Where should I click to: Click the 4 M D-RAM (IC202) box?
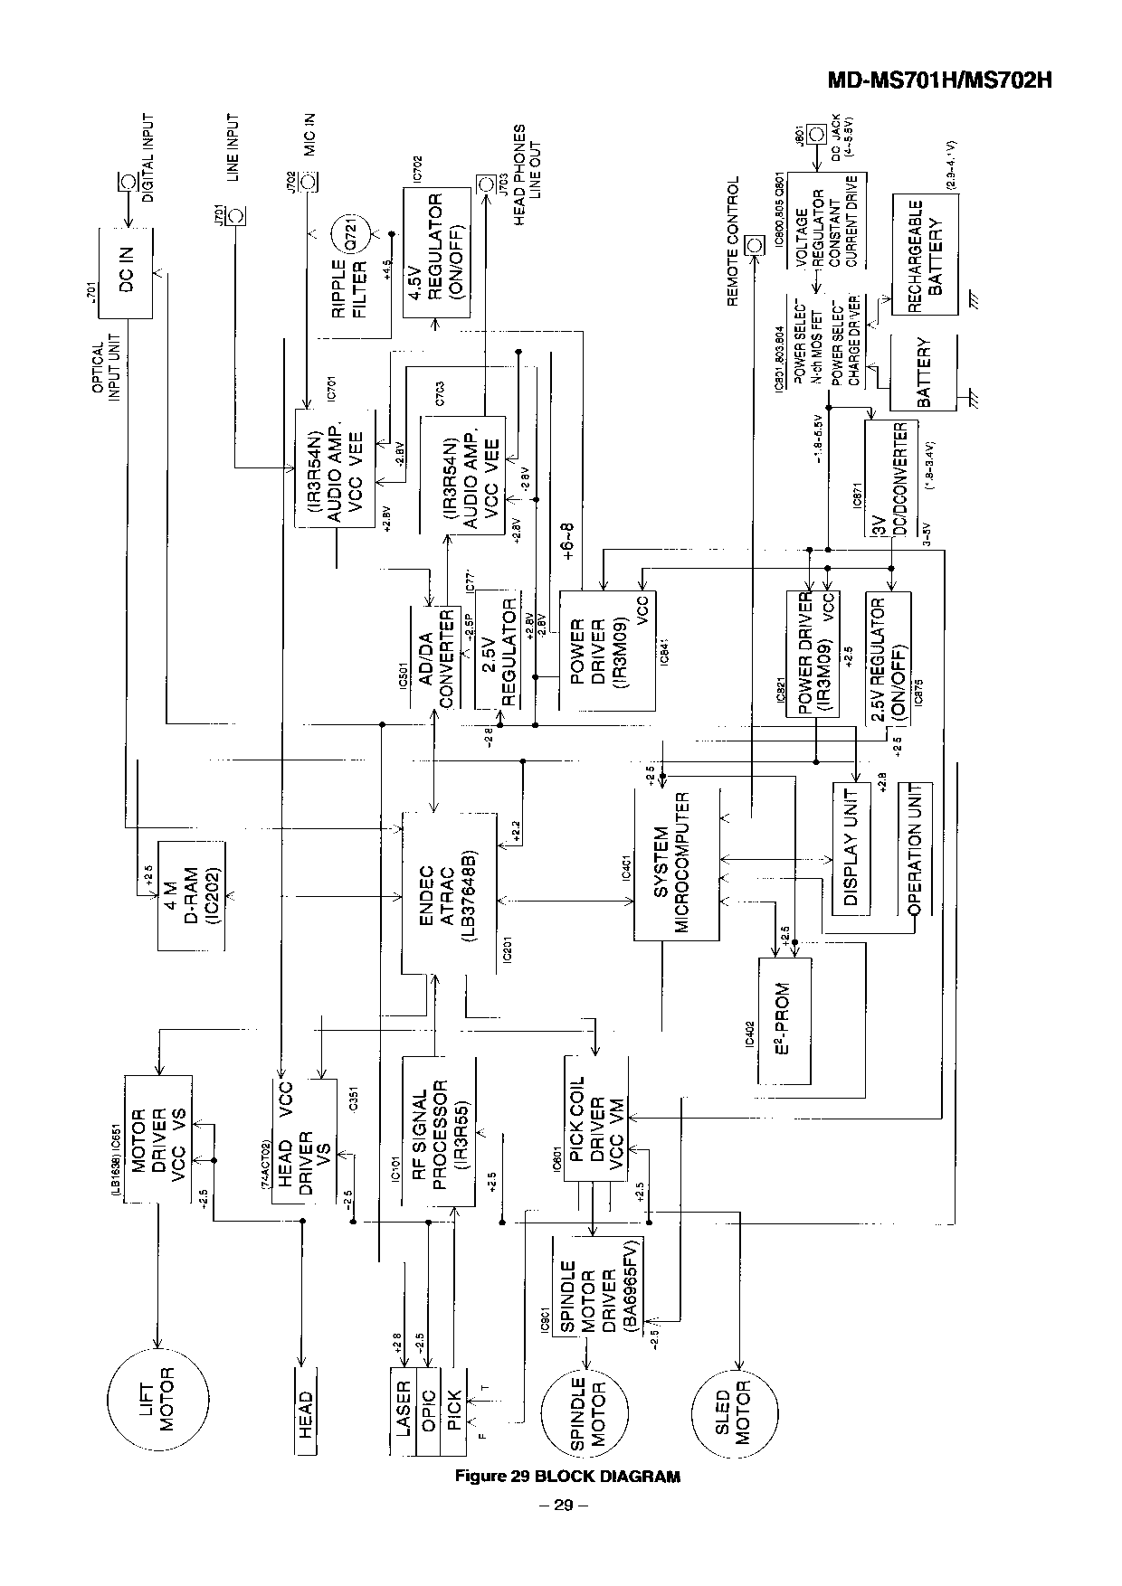tap(191, 895)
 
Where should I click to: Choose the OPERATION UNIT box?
tap(914, 849)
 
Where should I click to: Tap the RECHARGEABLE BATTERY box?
tap(924, 254)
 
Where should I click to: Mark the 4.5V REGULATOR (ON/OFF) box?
tap(436, 253)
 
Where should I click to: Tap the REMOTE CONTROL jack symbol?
tap(754, 245)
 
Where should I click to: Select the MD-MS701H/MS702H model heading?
tap(941, 80)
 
